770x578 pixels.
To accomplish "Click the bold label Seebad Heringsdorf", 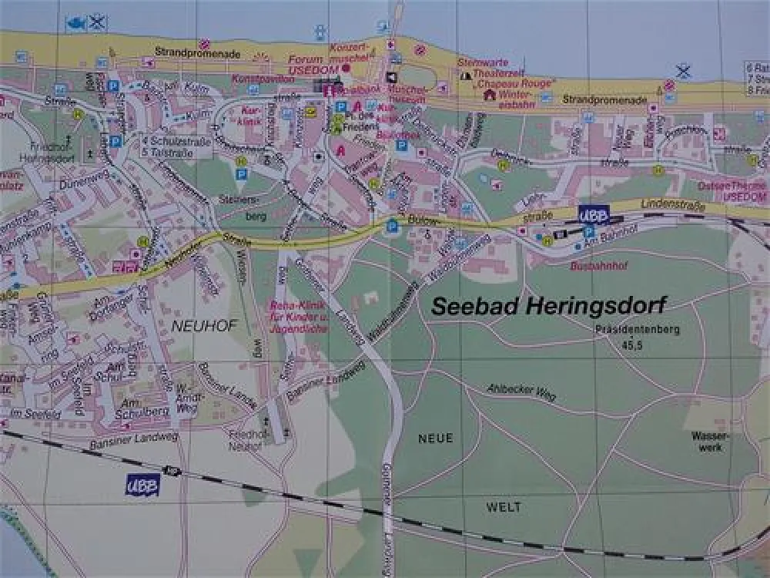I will point(547,305).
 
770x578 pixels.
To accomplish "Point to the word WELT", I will point(504,507).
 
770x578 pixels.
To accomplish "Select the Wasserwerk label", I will point(705,441).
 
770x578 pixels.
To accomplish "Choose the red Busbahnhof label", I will point(595,266).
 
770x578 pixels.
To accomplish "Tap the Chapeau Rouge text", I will point(515,82).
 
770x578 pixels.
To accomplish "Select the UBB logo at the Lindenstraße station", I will point(593,215).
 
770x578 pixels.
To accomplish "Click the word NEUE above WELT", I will point(435,438).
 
